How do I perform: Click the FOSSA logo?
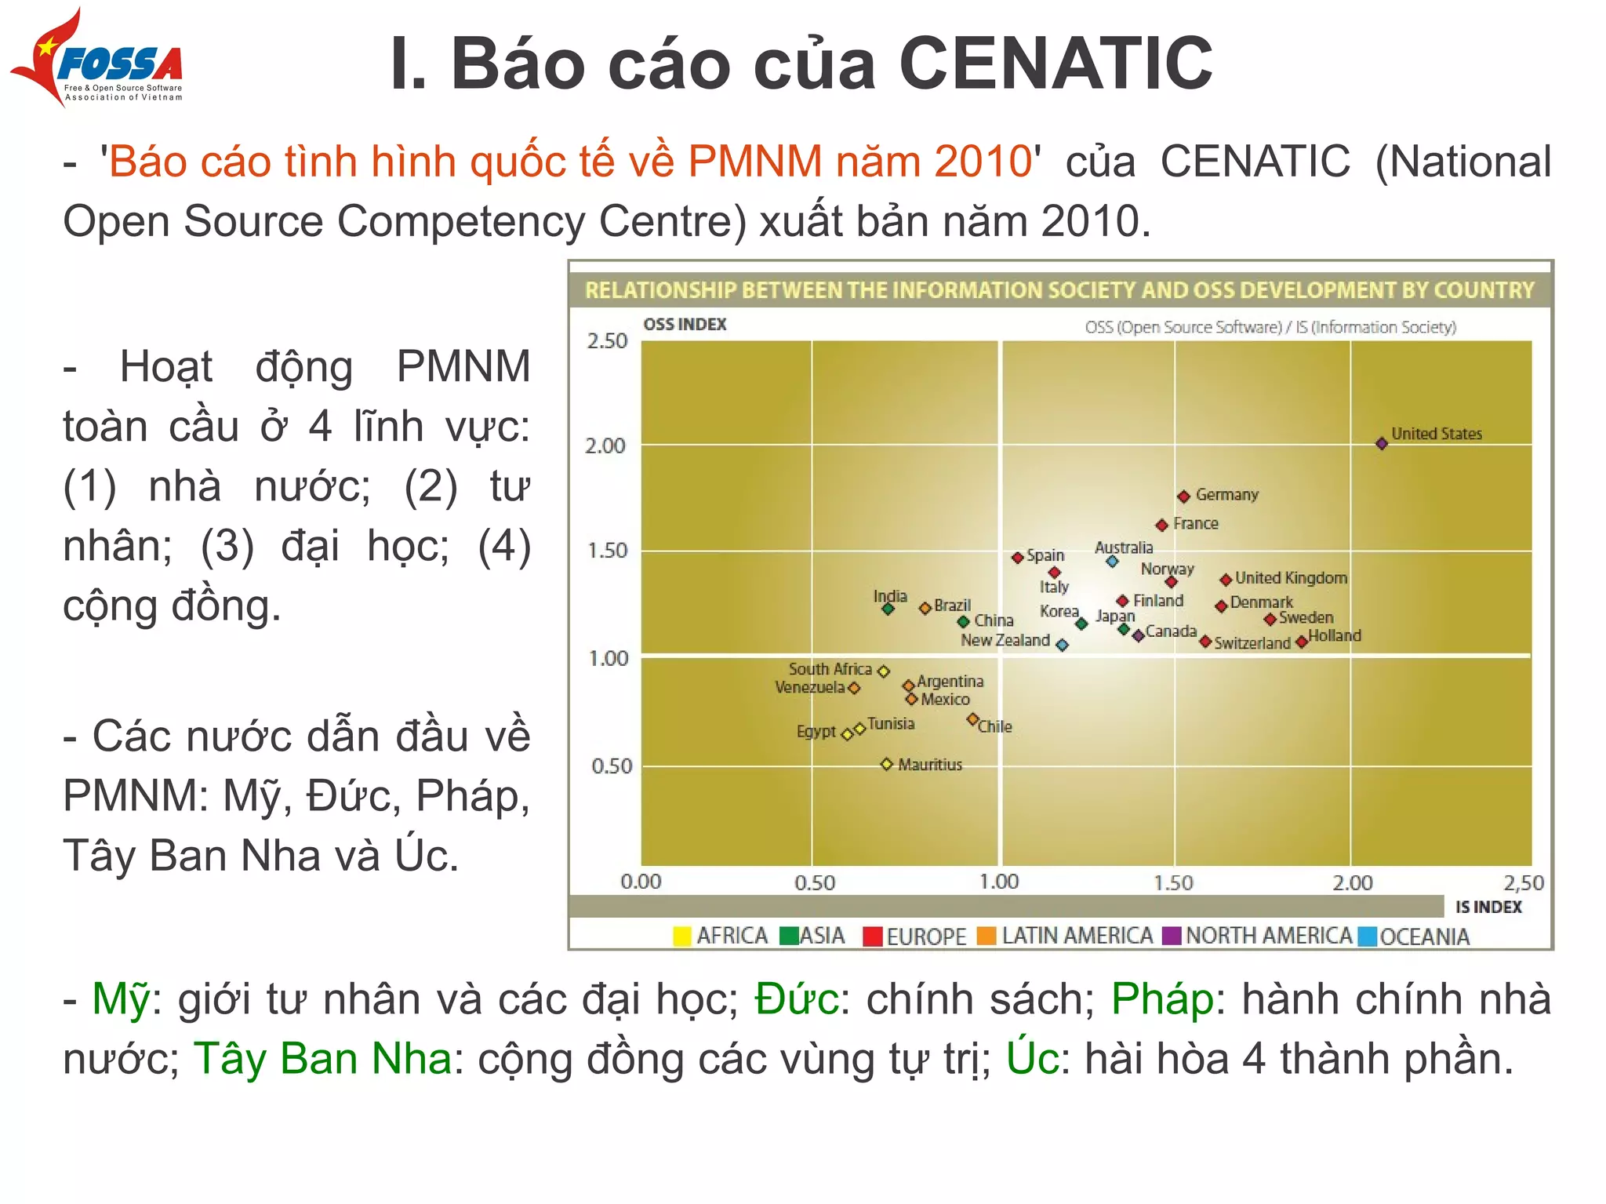(x=98, y=59)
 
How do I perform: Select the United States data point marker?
(x=1382, y=444)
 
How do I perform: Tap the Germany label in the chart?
(x=1226, y=495)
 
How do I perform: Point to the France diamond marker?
(x=1162, y=525)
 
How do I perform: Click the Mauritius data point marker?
(x=887, y=764)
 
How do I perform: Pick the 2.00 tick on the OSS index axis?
(x=605, y=446)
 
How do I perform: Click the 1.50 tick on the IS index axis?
(x=1173, y=883)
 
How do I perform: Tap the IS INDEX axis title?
(x=1488, y=907)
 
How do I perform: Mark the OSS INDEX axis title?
(x=685, y=325)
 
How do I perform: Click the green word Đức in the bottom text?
(x=796, y=999)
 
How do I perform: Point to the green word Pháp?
(x=1162, y=999)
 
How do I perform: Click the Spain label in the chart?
(x=1045, y=555)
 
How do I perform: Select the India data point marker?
(x=888, y=609)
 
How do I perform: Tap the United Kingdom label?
(x=1291, y=578)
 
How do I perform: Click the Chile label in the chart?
(x=995, y=727)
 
